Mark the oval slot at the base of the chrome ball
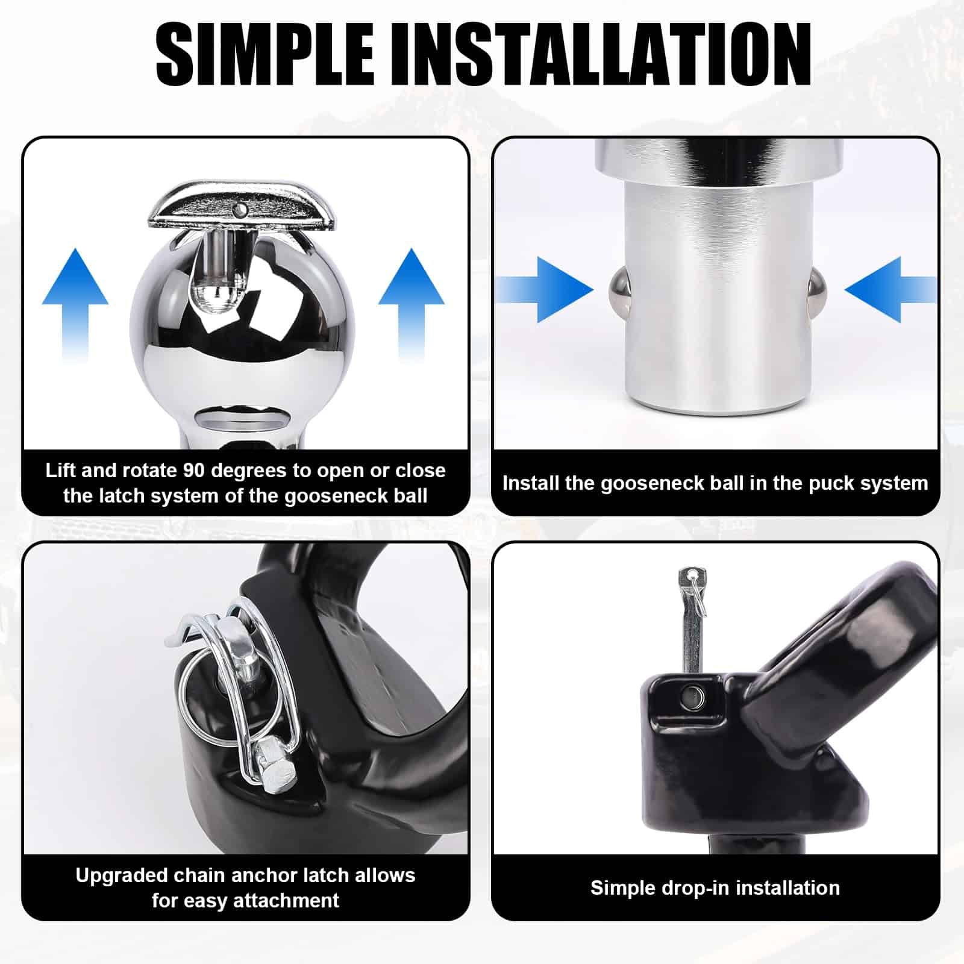coord(241,418)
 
